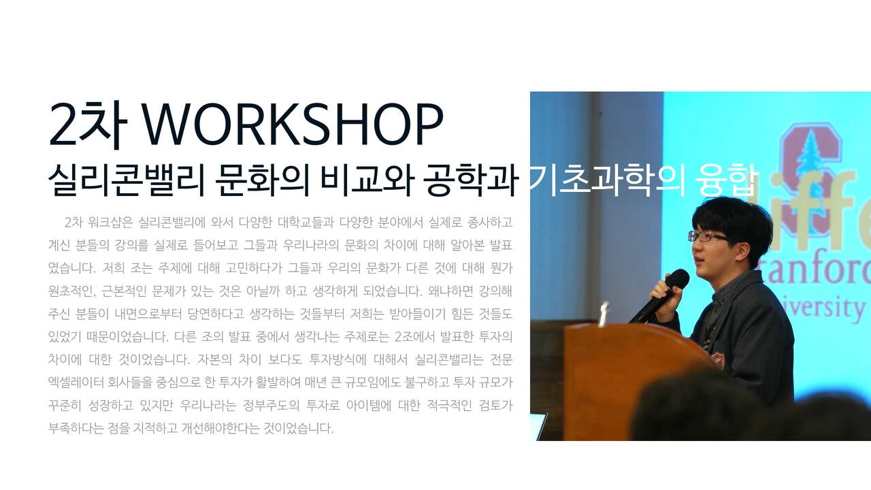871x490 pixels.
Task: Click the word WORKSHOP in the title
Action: (294, 124)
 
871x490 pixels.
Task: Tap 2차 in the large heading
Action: (88, 125)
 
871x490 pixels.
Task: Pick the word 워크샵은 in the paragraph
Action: (111, 223)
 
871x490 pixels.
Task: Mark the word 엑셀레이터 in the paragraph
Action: (76, 382)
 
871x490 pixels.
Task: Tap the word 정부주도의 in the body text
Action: (271, 406)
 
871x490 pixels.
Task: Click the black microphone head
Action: (677, 279)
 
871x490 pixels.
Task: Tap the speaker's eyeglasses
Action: (707, 236)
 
